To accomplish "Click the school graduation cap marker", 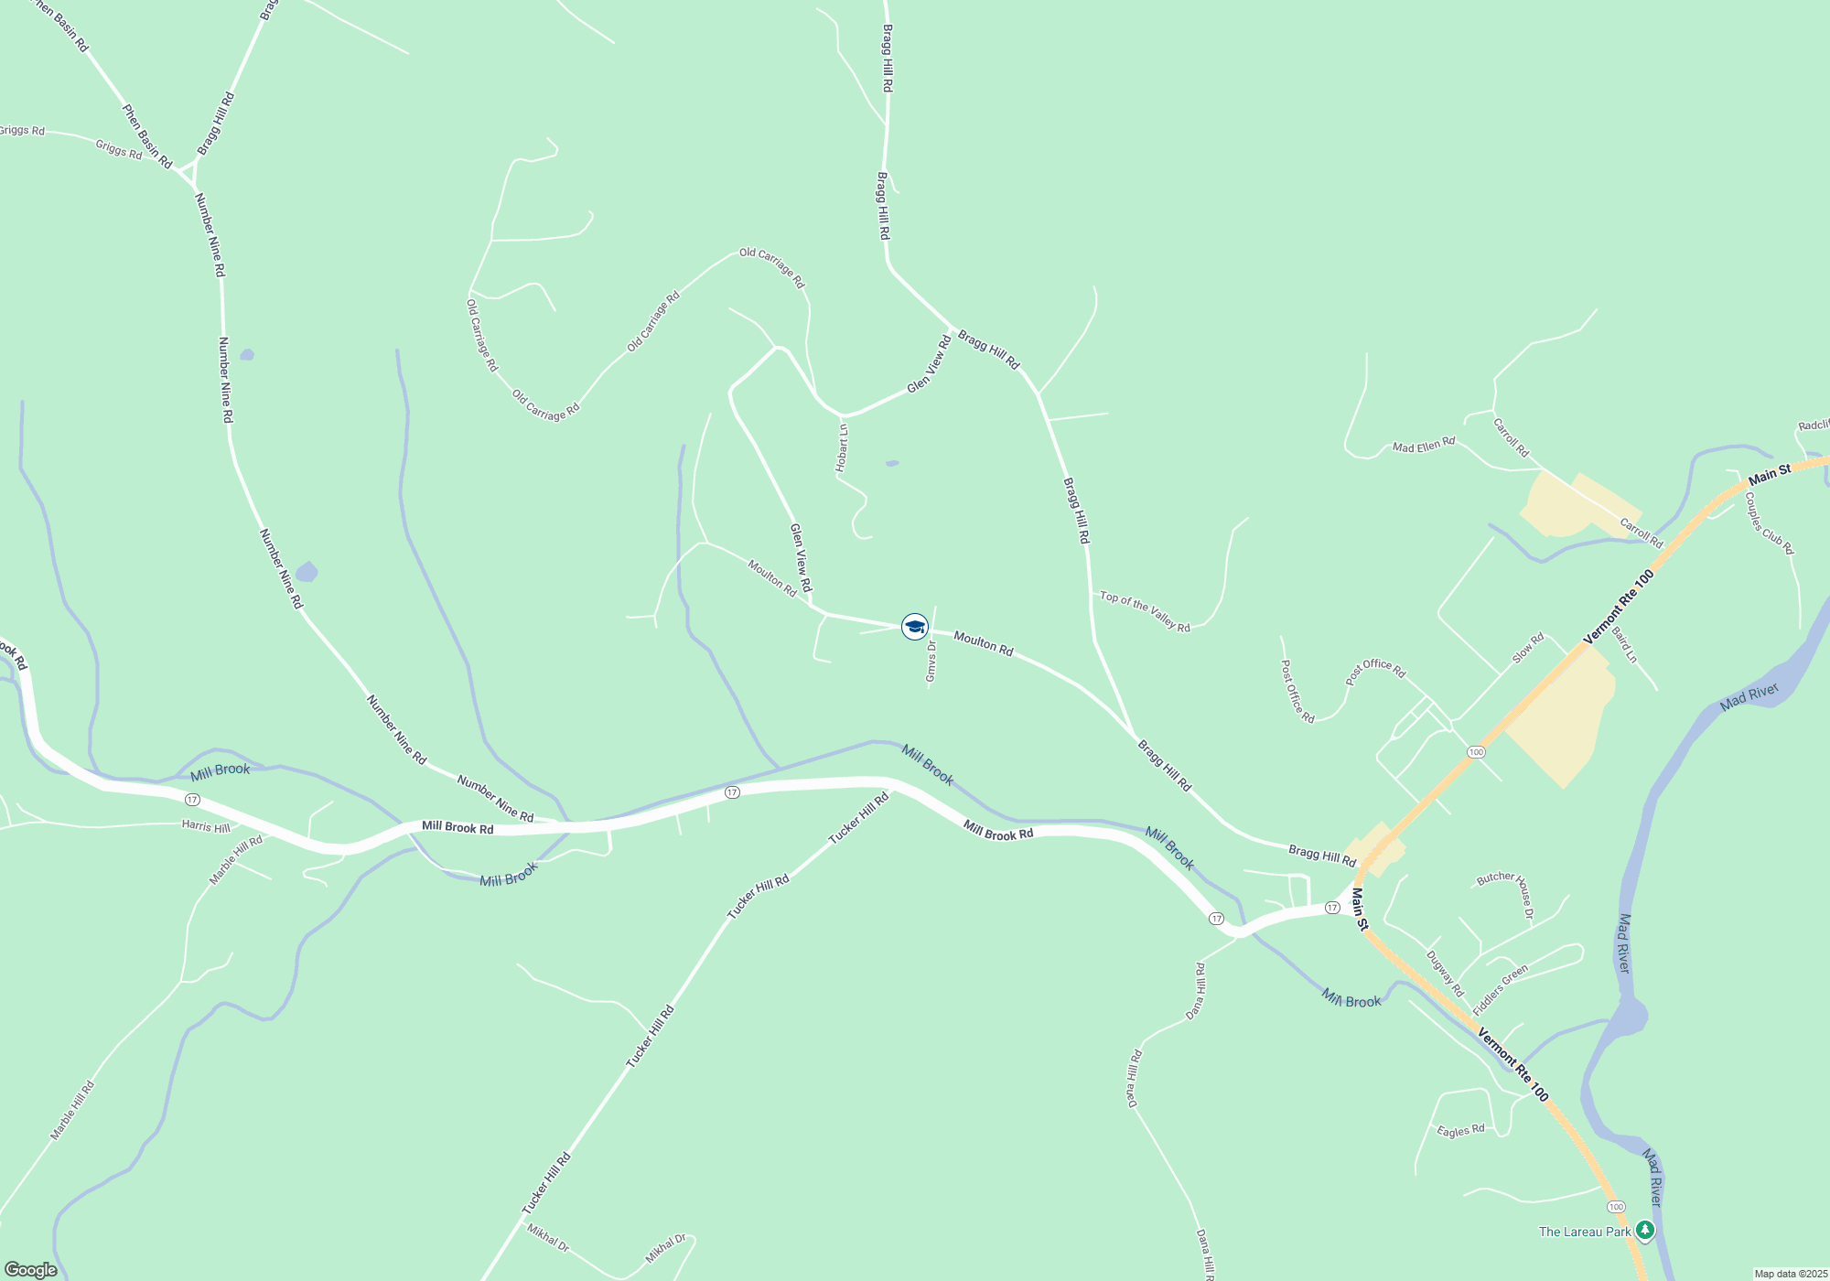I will point(914,627).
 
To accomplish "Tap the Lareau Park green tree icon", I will point(1645,1231).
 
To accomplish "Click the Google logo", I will point(31,1269).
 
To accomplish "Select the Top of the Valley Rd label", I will point(1145,611).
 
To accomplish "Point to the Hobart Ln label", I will point(842,447).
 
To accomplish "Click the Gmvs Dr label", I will point(931,661).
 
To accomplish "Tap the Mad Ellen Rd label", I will point(1423,446).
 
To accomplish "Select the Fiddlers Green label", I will point(1501,989).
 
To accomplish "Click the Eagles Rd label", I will point(1460,1131).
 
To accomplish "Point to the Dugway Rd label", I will point(1445,974).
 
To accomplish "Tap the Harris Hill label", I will point(206,826).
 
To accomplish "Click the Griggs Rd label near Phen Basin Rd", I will point(119,149).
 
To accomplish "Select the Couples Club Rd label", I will point(1769,523).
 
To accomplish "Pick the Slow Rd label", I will point(1528,649).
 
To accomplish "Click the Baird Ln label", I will point(1624,644).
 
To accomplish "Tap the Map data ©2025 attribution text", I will point(1790,1274).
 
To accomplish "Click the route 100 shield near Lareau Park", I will point(1616,1207).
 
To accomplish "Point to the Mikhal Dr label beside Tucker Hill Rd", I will point(548,1238).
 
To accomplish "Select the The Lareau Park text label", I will point(1585,1232).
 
